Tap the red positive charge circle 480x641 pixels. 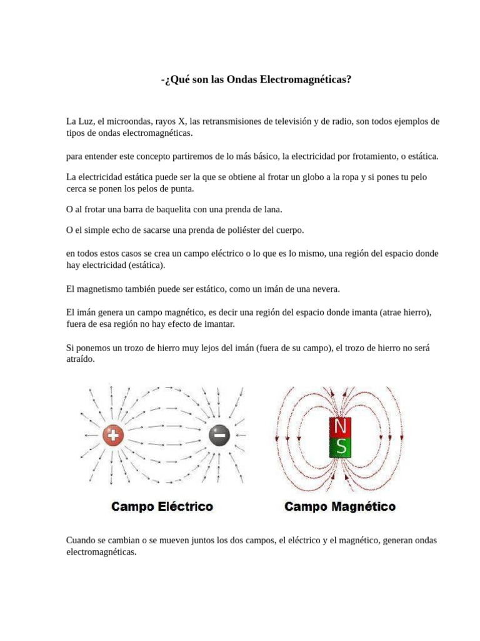(113, 435)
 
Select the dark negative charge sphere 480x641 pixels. (219, 435)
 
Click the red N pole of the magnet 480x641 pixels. (341, 427)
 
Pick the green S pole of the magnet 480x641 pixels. (341, 447)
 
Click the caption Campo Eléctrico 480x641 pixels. (162, 506)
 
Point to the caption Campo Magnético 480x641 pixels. (340, 506)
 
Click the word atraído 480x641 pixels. (80, 360)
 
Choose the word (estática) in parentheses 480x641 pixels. (145, 265)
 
